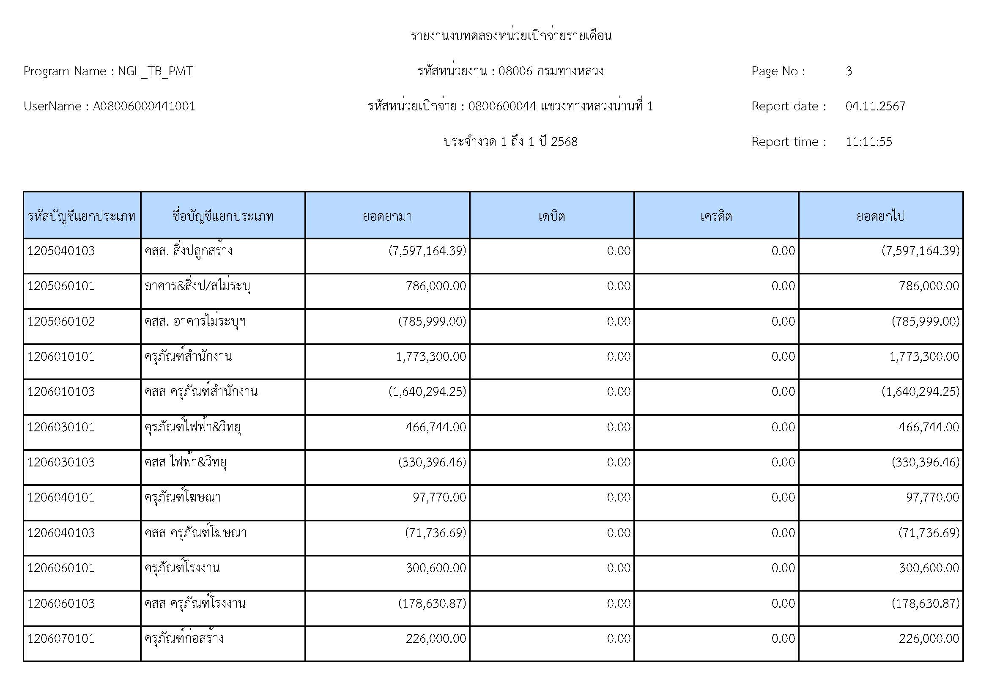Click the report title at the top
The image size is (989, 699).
(x=511, y=36)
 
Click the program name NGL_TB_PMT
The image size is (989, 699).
(x=155, y=71)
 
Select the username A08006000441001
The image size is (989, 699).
(x=144, y=107)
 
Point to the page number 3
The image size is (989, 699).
(x=849, y=71)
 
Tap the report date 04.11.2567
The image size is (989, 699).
(x=875, y=107)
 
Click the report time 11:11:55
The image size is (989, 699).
(x=868, y=142)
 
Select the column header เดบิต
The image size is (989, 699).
(x=551, y=216)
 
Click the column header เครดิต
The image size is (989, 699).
(x=716, y=216)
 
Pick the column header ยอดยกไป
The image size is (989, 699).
(x=880, y=216)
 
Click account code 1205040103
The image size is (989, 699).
(x=61, y=251)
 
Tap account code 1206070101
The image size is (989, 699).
(x=61, y=638)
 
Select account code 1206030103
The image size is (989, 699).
(x=61, y=462)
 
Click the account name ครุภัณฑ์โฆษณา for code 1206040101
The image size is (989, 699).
(x=183, y=497)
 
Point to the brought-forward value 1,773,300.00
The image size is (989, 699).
(x=431, y=356)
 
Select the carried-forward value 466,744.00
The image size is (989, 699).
(x=929, y=427)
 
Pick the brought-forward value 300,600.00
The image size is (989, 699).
(x=436, y=568)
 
